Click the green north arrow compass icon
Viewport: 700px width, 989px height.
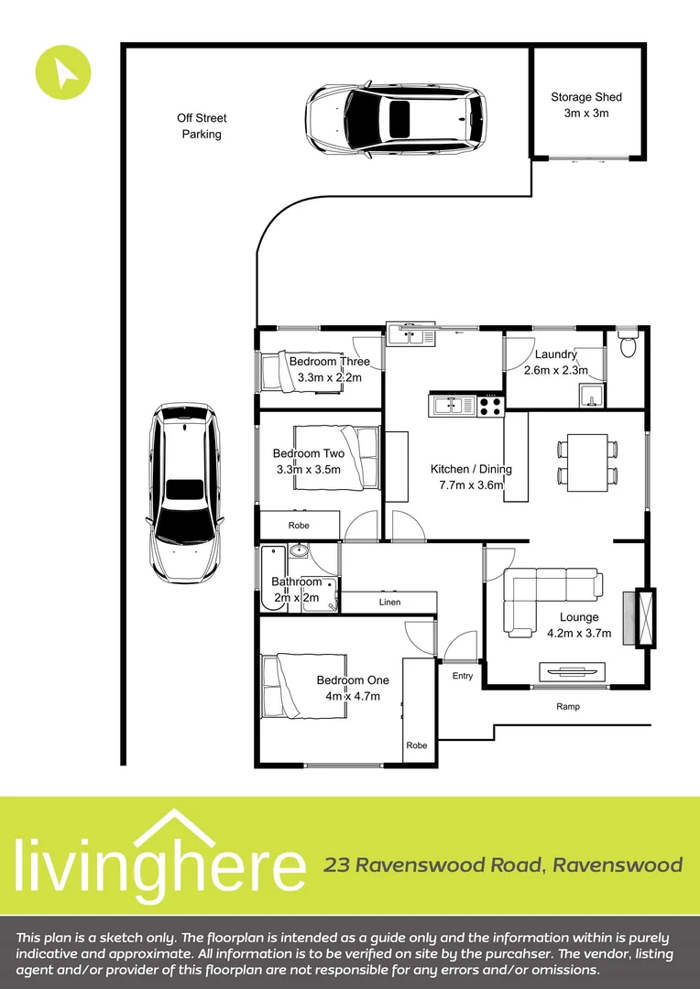click(63, 71)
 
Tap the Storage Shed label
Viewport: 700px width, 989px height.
click(586, 97)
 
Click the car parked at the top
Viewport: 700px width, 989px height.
click(396, 117)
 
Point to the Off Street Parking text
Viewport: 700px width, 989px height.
click(202, 126)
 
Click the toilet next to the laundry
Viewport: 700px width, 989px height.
click(628, 346)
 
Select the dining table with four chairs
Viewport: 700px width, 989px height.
click(587, 461)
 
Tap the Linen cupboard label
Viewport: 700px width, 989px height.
click(390, 603)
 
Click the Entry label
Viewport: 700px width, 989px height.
click(463, 676)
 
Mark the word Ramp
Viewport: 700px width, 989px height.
click(568, 707)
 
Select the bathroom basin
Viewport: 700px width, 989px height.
click(298, 552)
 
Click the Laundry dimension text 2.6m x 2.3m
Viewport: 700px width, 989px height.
click(555, 370)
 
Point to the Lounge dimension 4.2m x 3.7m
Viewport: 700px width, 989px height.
click(579, 633)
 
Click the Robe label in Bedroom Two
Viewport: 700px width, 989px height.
click(299, 526)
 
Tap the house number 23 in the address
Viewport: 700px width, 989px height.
click(337, 865)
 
